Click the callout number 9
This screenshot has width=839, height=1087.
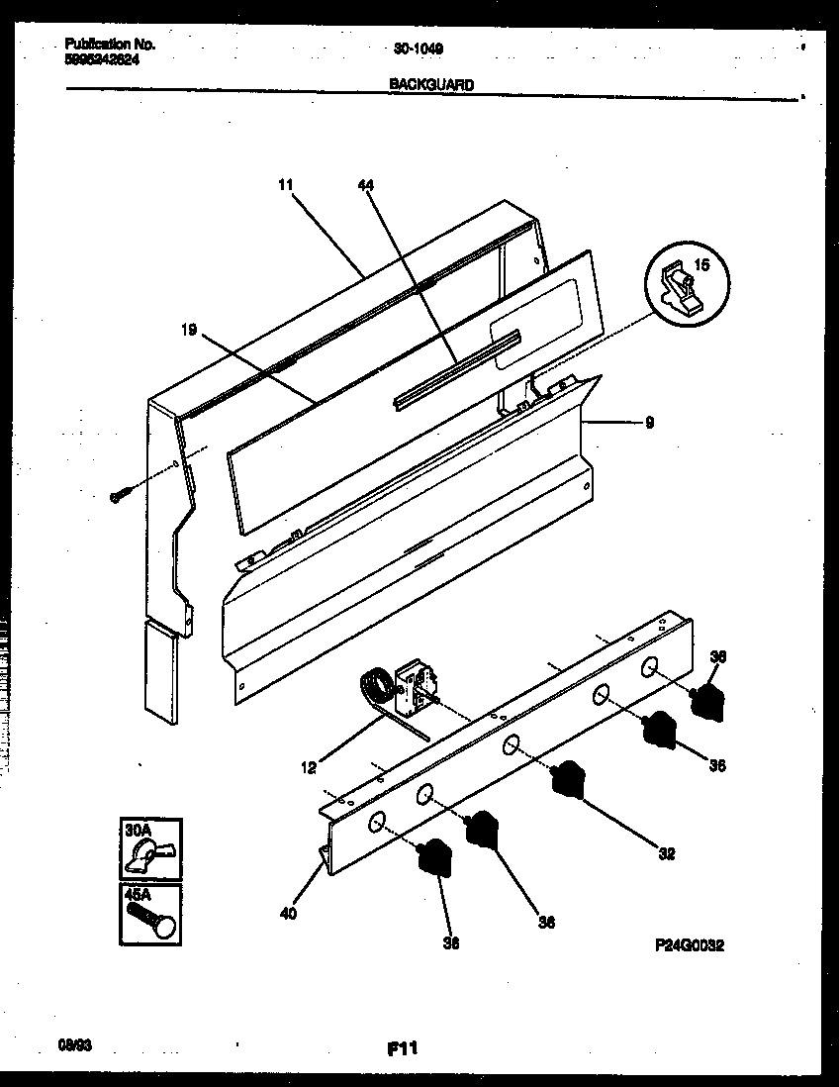[x=648, y=422]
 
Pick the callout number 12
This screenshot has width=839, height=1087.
[x=309, y=766]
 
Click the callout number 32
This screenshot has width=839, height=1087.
[x=666, y=852]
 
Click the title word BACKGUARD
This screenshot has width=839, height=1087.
[x=430, y=85]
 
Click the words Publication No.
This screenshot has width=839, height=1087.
[x=109, y=45]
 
